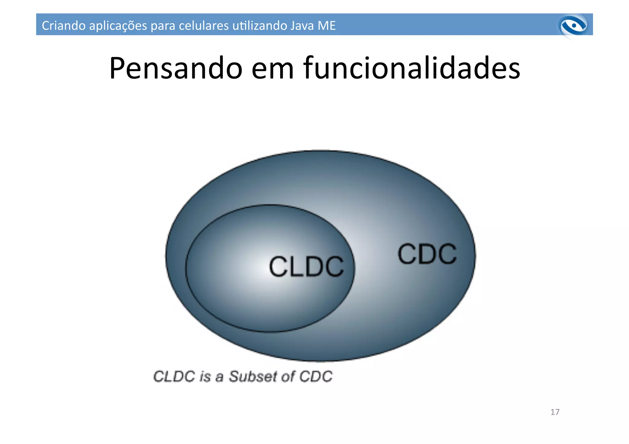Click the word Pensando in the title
(x=176, y=68)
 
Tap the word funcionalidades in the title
(x=412, y=68)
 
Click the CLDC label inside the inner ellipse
(x=306, y=266)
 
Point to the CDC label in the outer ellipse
(x=427, y=254)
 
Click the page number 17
(x=555, y=412)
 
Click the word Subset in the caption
(x=252, y=376)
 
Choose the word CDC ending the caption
(x=316, y=376)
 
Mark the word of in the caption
(x=288, y=376)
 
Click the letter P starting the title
(x=117, y=68)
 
